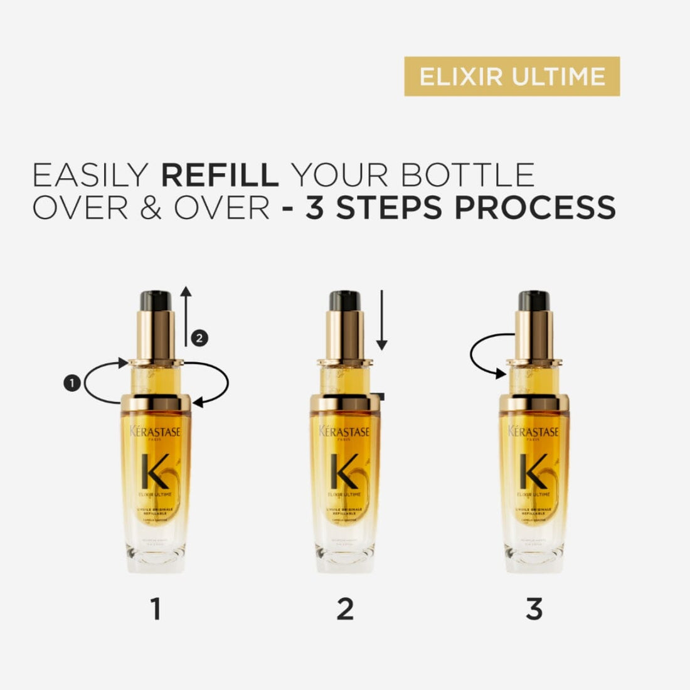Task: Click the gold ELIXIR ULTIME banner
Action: coord(512,77)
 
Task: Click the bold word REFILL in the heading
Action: coord(220,175)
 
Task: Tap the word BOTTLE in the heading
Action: coord(467,175)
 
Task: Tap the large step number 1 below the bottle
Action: coord(156,608)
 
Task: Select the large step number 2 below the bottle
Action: coord(345,608)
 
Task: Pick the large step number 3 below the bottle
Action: coord(534,608)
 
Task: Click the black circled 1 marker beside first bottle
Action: coord(73,381)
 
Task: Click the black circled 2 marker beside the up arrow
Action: coord(199,338)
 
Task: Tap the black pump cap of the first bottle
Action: coord(156,300)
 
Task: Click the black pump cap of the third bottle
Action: coord(534,300)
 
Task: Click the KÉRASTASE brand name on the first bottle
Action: coord(156,432)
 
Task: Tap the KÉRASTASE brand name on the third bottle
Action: coord(534,432)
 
